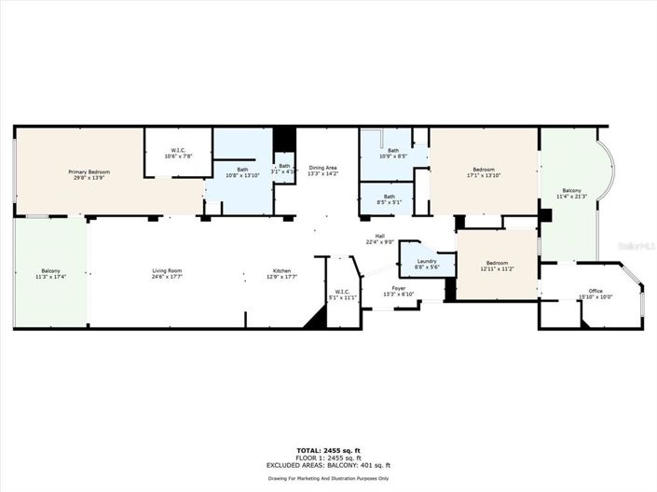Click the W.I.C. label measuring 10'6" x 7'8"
click(177, 153)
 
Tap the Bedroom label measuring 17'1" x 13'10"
click(483, 172)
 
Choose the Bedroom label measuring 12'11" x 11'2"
click(496, 266)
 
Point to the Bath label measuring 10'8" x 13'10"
click(242, 172)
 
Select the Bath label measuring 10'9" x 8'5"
click(393, 154)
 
